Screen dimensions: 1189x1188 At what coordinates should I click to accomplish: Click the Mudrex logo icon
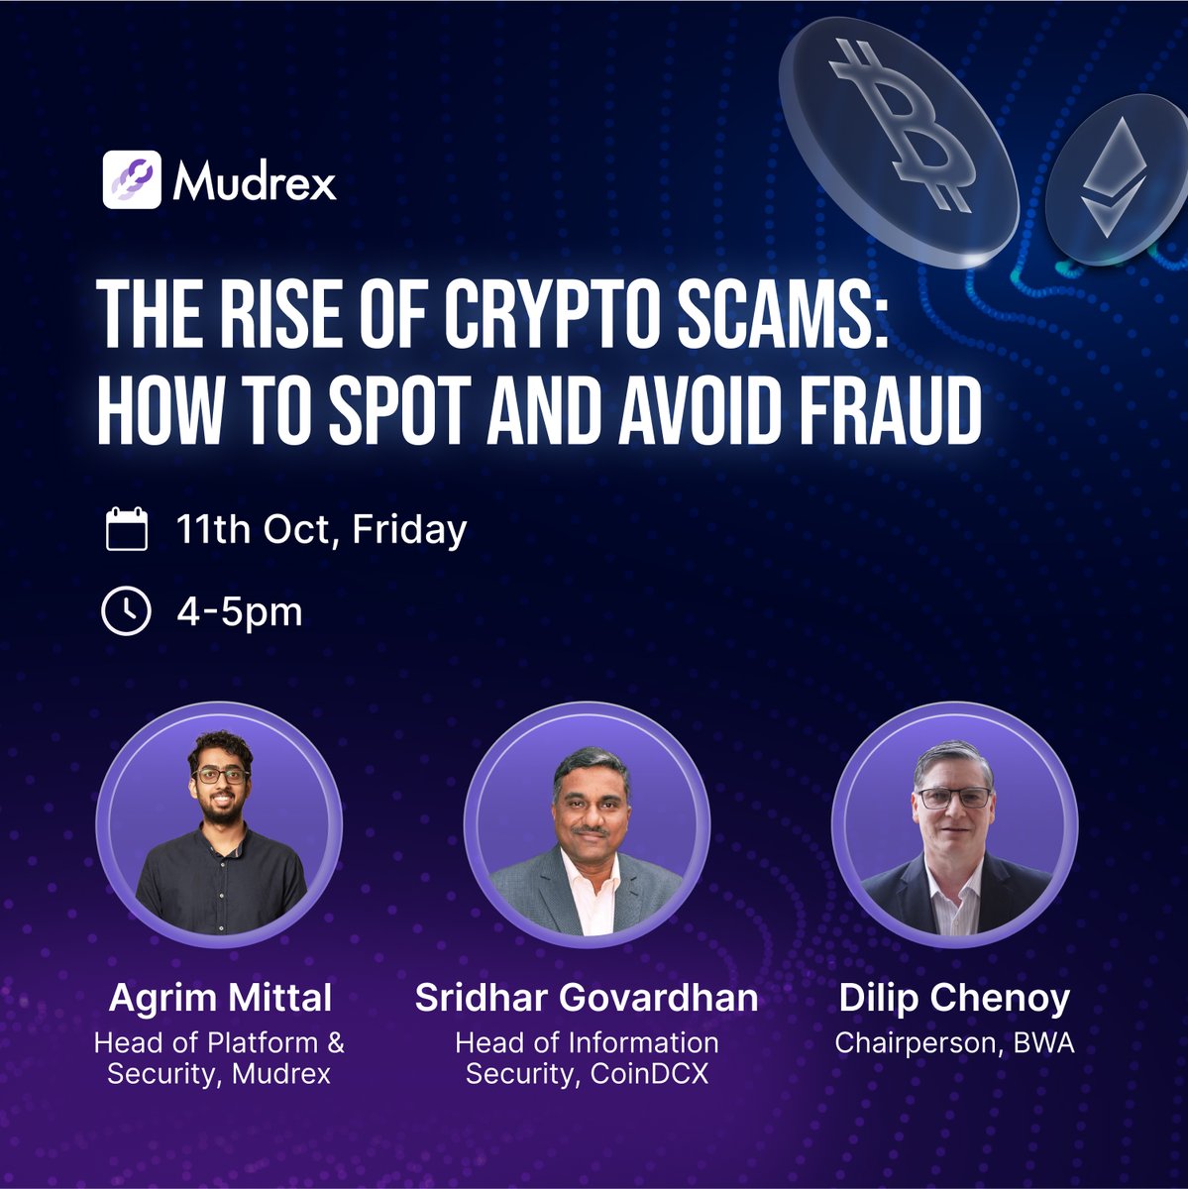(x=131, y=179)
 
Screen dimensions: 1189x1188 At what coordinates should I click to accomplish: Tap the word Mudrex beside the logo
(x=255, y=181)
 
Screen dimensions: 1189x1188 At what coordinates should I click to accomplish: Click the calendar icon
(x=126, y=529)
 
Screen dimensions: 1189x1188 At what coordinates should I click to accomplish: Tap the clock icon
(x=126, y=611)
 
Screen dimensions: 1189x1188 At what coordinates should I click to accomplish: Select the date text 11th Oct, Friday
(x=321, y=529)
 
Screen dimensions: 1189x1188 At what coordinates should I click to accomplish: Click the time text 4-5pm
(x=239, y=611)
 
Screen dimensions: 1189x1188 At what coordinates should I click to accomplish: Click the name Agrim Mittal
(x=219, y=998)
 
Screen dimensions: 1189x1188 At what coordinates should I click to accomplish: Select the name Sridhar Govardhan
(x=587, y=998)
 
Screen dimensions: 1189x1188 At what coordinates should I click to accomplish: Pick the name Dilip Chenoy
(x=953, y=998)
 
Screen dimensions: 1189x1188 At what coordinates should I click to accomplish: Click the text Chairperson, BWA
(x=953, y=1043)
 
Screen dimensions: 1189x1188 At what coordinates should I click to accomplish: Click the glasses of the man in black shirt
(x=220, y=776)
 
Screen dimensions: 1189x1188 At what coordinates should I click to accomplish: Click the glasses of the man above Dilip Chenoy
(x=953, y=798)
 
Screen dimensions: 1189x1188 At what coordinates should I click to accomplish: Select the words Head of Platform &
(x=219, y=1042)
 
